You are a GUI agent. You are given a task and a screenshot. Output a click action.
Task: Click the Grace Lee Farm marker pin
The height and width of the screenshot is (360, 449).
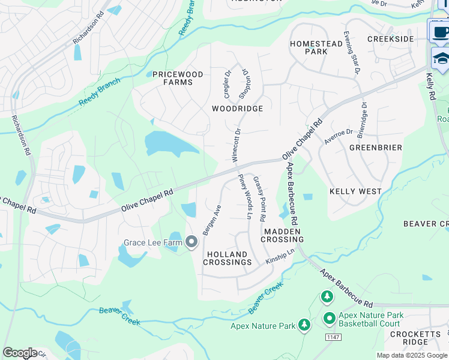point(191,242)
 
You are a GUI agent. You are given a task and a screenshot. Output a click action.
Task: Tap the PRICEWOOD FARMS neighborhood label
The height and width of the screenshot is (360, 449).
point(177,78)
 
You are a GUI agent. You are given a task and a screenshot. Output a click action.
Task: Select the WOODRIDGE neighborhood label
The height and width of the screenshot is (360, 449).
point(237,109)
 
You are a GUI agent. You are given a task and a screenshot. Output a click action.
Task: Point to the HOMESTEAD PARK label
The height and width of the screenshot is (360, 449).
point(316,48)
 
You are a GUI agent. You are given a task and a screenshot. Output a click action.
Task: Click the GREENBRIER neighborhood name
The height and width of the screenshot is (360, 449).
point(375,147)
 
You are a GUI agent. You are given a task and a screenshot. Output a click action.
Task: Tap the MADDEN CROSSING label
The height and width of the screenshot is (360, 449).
point(282,235)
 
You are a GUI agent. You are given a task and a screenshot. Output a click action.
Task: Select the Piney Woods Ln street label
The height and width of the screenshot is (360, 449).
point(246,196)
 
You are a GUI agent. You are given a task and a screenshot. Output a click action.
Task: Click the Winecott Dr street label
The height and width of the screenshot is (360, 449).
point(236,145)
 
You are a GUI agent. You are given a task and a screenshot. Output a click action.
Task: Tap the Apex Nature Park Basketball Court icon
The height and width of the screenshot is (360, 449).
point(329,318)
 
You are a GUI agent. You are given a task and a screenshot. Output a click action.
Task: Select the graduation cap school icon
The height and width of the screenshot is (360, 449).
point(441,59)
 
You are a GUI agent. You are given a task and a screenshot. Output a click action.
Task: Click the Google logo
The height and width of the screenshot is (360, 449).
point(20,352)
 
